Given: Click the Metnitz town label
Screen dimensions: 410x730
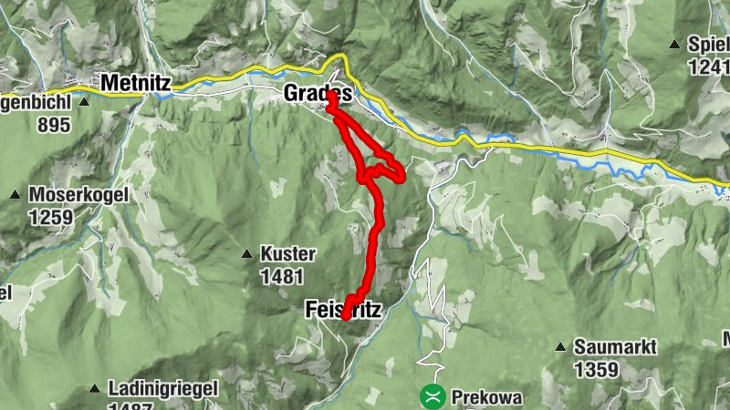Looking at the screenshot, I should tap(136, 82).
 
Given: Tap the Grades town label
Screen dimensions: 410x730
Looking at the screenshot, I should tap(317, 93).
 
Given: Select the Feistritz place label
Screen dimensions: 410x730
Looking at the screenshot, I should tap(341, 311).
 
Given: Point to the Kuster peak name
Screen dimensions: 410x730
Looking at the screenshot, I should tap(287, 254).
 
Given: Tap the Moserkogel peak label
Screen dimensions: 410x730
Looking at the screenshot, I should tap(78, 194).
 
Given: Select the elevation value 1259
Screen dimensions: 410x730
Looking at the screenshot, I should tap(49, 216).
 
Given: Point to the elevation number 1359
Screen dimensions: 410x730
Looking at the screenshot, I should tap(597, 370).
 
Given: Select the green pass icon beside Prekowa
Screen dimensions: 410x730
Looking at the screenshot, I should tap(432, 396).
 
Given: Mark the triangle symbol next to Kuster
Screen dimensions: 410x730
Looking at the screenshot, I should tap(246, 254).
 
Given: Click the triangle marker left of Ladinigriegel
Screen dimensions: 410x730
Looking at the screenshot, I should tap(94, 389).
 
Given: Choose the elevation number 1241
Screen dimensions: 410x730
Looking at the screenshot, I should tap(709, 66).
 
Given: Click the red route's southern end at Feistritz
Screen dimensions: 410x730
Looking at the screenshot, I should tap(346, 317).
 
